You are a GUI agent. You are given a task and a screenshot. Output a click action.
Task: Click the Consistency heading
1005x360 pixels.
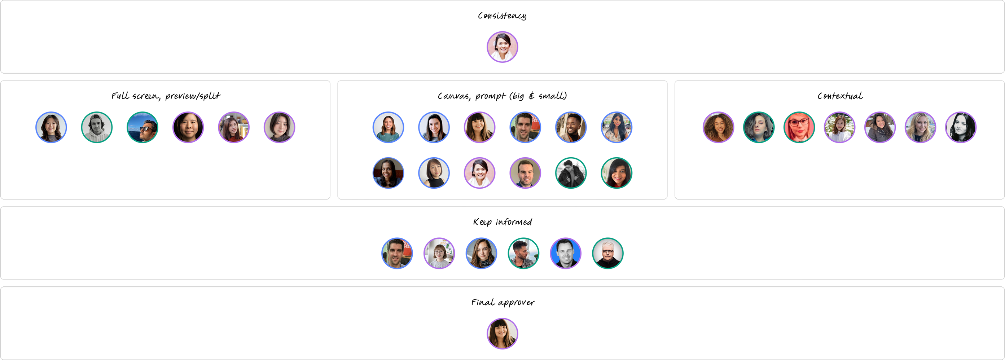tap(502, 16)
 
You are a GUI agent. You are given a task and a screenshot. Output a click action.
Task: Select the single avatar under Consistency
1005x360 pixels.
tap(502, 47)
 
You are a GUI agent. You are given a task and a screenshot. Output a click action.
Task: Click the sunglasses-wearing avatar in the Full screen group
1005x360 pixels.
tap(142, 127)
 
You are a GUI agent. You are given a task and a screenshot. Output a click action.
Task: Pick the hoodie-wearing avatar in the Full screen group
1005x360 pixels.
tap(97, 127)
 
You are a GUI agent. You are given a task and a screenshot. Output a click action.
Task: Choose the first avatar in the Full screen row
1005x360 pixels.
tap(51, 127)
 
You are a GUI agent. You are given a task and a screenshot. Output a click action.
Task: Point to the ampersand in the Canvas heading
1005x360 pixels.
tap(531, 96)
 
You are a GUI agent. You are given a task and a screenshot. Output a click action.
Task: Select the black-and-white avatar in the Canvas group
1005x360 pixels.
tap(571, 173)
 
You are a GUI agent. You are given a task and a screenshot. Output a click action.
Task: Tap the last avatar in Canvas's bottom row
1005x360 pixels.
tap(616, 173)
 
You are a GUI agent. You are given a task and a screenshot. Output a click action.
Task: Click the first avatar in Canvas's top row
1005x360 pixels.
tap(388, 127)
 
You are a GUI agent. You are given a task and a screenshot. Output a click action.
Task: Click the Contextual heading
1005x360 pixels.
tap(840, 96)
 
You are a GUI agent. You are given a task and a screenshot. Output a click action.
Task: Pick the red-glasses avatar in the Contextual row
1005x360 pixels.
tap(799, 127)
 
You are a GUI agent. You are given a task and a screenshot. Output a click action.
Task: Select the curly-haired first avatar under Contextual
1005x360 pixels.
tap(718, 127)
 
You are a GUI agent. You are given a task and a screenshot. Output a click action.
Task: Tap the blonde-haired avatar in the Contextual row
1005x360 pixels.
tap(920, 127)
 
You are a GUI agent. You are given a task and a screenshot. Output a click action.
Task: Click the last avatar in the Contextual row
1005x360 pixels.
tap(961, 127)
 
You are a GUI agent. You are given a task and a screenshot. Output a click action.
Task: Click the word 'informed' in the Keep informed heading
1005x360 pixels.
tap(514, 222)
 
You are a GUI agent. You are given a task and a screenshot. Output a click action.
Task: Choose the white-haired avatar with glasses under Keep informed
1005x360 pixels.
tap(608, 253)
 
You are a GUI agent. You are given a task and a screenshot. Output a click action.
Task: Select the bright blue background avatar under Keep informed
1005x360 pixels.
tap(566, 253)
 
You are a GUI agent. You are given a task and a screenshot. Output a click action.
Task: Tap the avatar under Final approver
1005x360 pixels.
tap(502, 333)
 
